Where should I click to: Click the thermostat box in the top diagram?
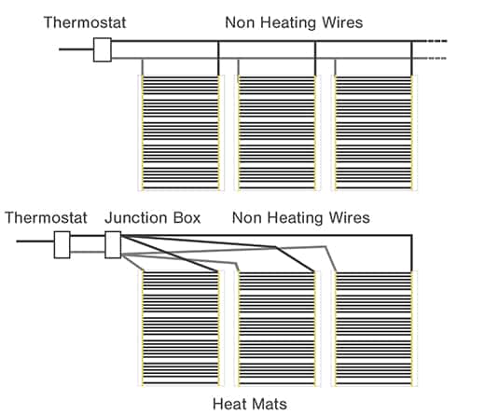click(x=103, y=49)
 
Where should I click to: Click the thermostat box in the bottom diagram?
click(x=62, y=244)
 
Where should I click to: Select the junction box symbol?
click(x=113, y=244)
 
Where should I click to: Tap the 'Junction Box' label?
click(x=153, y=218)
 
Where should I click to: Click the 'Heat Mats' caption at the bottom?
click(x=250, y=404)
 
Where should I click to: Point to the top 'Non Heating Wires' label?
click(x=294, y=22)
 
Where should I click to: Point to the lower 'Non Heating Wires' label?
click(x=301, y=218)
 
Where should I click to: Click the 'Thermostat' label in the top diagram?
click(x=85, y=22)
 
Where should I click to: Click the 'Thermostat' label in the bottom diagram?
click(x=46, y=218)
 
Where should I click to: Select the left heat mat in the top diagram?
click(x=181, y=132)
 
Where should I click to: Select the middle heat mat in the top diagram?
click(x=277, y=132)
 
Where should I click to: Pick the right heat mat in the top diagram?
click(x=374, y=132)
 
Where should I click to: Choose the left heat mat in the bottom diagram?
click(x=181, y=328)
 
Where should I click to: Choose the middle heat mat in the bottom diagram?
click(x=277, y=328)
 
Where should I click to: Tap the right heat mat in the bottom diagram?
click(x=374, y=328)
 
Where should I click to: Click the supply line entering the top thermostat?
click(x=76, y=49)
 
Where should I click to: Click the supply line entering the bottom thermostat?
click(x=35, y=241)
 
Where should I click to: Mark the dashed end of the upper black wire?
click(x=436, y=41)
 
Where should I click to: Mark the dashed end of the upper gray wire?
click(x=436, y=58)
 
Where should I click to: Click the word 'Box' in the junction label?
click(x=187, y=218)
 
